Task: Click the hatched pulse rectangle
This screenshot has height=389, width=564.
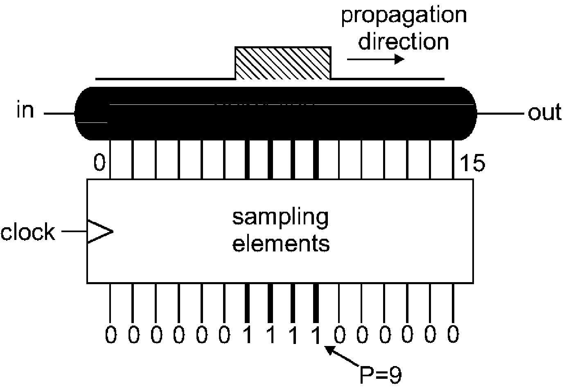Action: tap(283, 63)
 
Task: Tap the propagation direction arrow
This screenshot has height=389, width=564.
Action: tap(376, 59)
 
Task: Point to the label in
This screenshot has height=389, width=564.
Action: tap(25, 110)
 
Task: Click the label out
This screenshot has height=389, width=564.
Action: tap(544, 113)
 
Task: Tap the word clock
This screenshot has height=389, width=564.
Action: tap(28, 232)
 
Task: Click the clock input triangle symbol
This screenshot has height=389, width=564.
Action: tap(100, 232)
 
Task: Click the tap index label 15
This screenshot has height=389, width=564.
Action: tap(472, 163)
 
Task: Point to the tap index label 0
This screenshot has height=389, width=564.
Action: tap(99, 163)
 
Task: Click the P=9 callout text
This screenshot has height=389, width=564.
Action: tap(381, 375)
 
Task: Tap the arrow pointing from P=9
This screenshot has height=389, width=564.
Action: tap(342, 356)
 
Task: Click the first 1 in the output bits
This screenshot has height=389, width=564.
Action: tap(248, 335)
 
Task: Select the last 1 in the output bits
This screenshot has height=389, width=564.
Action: tap(316, 335)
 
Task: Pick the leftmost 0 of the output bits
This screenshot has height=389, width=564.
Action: tap(111, 335)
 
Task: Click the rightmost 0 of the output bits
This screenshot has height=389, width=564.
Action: tap(453, 334)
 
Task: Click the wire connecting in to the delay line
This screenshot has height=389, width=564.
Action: tap(59, 113)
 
